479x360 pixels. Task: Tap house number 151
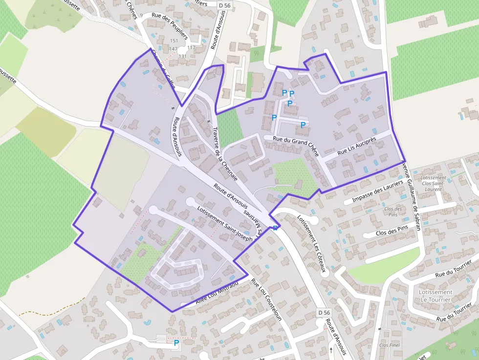(174, 41)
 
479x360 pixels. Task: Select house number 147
(174, 49)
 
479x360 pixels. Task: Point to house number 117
(191, 48)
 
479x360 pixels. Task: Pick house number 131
(183, 56)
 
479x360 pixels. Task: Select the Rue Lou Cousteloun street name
(267, 300)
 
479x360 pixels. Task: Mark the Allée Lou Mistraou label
(217, 293)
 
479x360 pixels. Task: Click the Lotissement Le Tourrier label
(435, 296)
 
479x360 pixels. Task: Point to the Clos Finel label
(389, 345)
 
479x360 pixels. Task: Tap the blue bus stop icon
(276, 228)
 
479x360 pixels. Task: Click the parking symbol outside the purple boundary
(176, 343)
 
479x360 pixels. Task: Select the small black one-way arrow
(331, 350)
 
